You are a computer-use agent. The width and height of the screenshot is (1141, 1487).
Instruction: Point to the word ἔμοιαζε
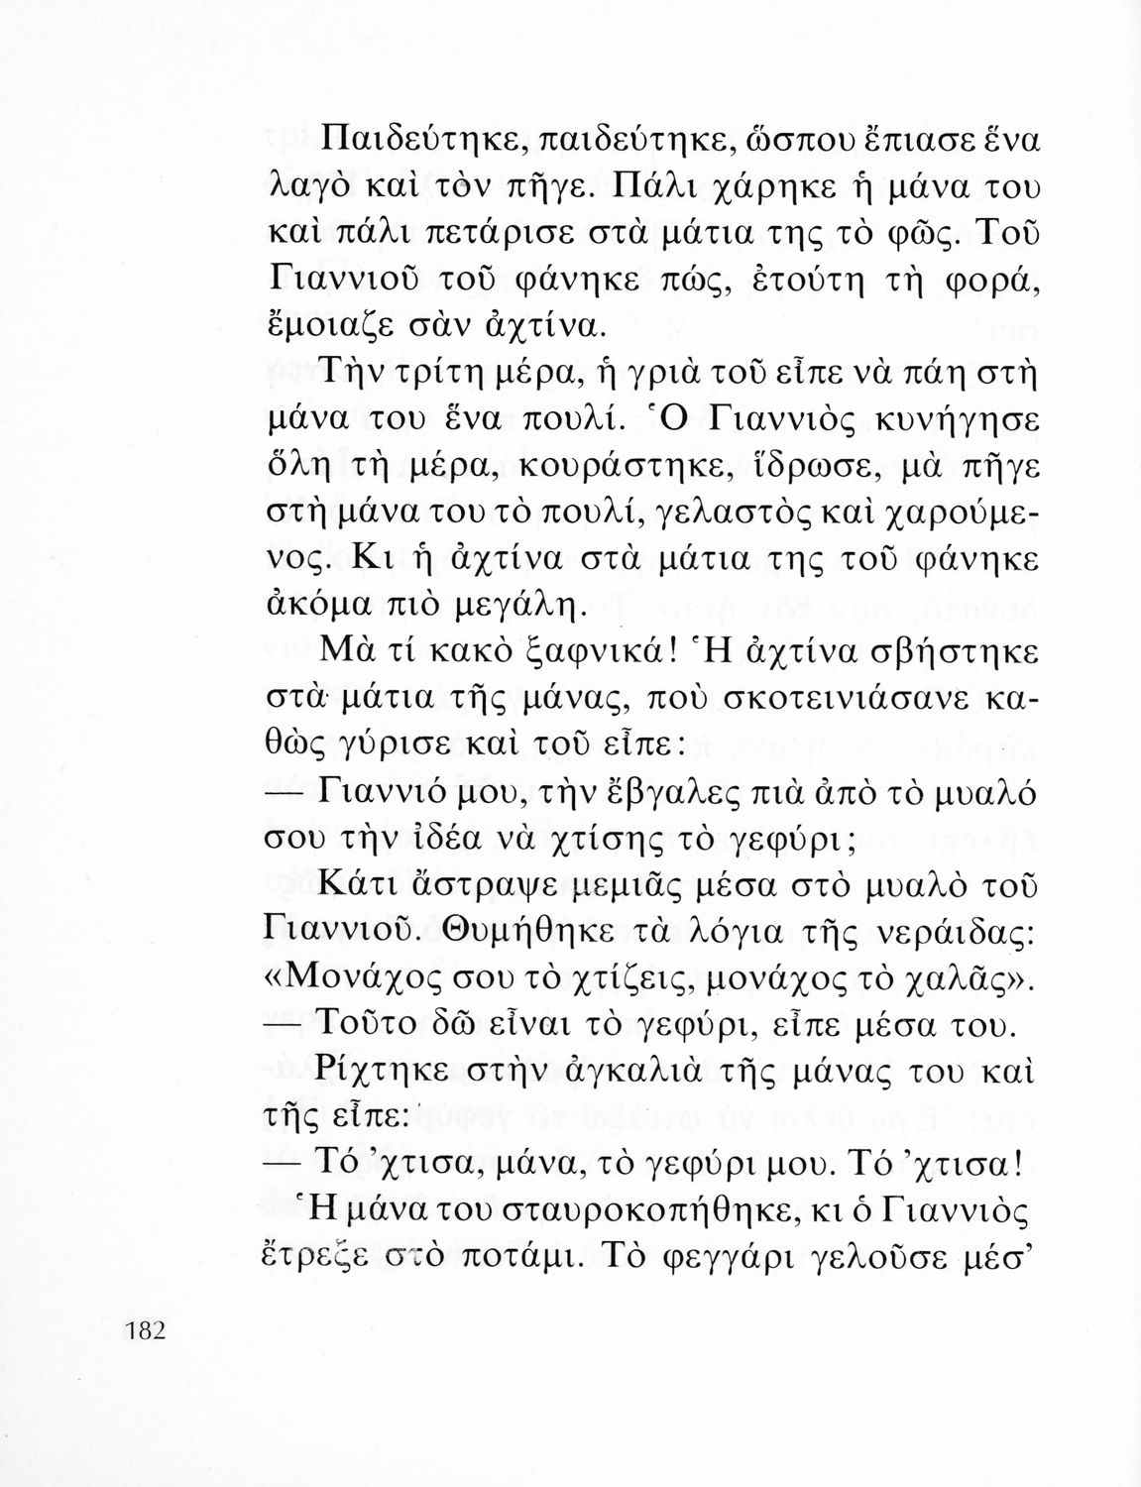326,323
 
